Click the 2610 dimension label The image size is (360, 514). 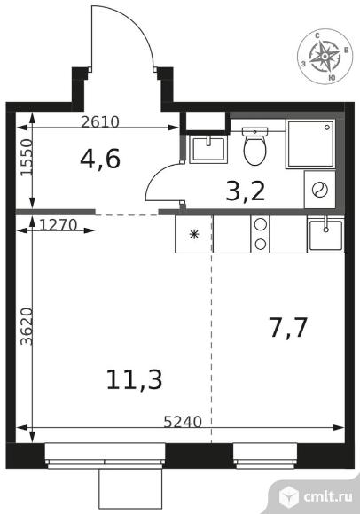click(x=100, y=122)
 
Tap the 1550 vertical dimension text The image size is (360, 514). click(x=27, y=158)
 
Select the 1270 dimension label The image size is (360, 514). click(x=59, y=225)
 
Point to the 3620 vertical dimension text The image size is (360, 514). click(x=27, y=326)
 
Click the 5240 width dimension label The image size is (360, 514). click(x=183, y=422)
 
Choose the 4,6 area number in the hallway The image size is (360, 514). click(x=100, y=159)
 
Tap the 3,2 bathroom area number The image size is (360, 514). click(x=246, y=191)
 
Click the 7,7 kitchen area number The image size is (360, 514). click(x=288, y=328)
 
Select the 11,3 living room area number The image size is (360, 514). click(x=135, y=379)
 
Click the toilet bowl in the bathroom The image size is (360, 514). click(x=254, y=146)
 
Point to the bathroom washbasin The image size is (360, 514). click(x=207, y=150)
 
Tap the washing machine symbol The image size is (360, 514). click(x=320, y=190)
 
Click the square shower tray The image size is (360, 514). click(x=310, y=144)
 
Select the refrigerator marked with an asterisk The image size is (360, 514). click(x=194, y=234)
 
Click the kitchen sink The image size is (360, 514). click(x=325, y=234)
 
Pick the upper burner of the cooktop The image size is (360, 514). click(x=261, y=224)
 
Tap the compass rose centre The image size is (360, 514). click(x=325, y=57)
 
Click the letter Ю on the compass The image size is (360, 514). click(x=332, y=77)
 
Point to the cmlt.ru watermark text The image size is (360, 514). click(x=328, y=496)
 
